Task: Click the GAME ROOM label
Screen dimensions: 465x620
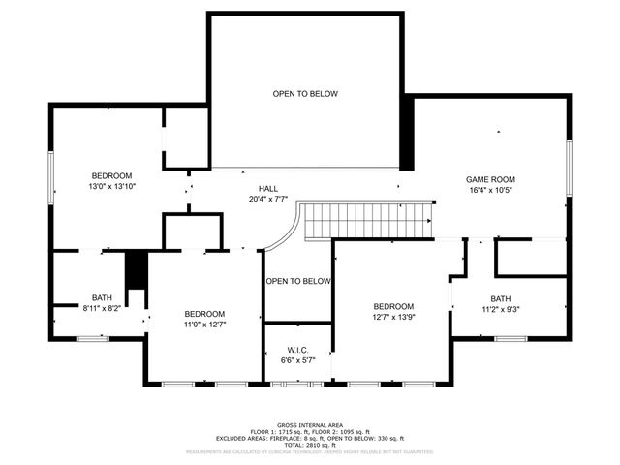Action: coord(490,179)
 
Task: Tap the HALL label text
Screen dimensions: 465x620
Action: coord(268,188)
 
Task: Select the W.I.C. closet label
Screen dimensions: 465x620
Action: coord(297,349)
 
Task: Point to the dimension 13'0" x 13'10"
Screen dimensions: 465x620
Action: coord(112,186)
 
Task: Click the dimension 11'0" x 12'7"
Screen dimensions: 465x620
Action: coord(205,325)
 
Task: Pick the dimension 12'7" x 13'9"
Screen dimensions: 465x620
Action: coord(393,317)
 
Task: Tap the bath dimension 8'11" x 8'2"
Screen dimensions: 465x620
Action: coord(103,308)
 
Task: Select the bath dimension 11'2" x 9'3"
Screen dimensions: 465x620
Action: coord(501,309)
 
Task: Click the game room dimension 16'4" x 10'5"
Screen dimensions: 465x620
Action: coord(490,191)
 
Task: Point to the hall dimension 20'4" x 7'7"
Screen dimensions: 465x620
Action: coord(268,200)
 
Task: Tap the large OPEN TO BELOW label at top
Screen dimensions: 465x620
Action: coord(305,94)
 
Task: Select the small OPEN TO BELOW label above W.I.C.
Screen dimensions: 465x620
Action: coord(298,282)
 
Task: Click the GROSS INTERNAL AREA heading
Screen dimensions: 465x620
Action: coord(309,425)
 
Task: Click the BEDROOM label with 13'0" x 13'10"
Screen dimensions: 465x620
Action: coord(112,175)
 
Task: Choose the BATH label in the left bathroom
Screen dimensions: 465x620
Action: coord(102,297)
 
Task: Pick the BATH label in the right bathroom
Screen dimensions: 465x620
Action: coord(500,298)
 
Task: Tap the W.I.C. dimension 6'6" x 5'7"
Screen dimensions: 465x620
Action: coord(297,360)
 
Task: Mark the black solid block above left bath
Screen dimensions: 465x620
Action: coord(136,268)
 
